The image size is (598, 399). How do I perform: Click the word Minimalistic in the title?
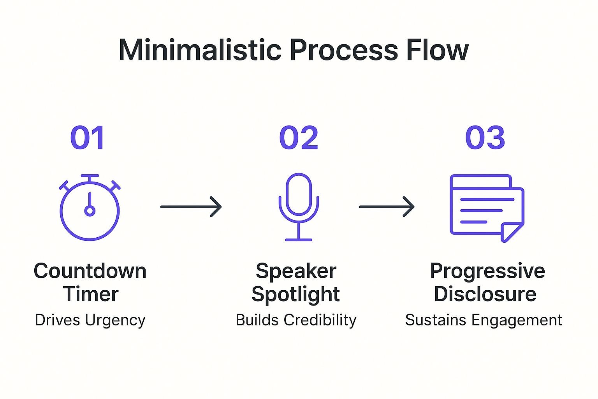200,50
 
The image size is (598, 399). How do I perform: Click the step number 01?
88,138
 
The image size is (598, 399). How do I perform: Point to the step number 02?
299,138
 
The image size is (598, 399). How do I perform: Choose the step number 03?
485,138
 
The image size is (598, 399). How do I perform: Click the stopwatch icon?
90,208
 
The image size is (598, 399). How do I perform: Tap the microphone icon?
299,207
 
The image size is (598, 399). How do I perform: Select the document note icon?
487,207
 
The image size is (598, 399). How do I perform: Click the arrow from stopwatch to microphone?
191,207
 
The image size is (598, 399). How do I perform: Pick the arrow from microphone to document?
387,207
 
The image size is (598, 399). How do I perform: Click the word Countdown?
90,271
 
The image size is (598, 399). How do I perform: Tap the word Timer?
91,294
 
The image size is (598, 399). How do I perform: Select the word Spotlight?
295,294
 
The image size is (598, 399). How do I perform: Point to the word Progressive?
487,271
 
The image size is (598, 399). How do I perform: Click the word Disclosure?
485,294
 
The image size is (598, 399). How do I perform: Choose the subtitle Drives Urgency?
90,320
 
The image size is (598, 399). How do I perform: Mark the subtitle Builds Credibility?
296,320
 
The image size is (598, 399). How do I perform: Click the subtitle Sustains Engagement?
484,320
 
